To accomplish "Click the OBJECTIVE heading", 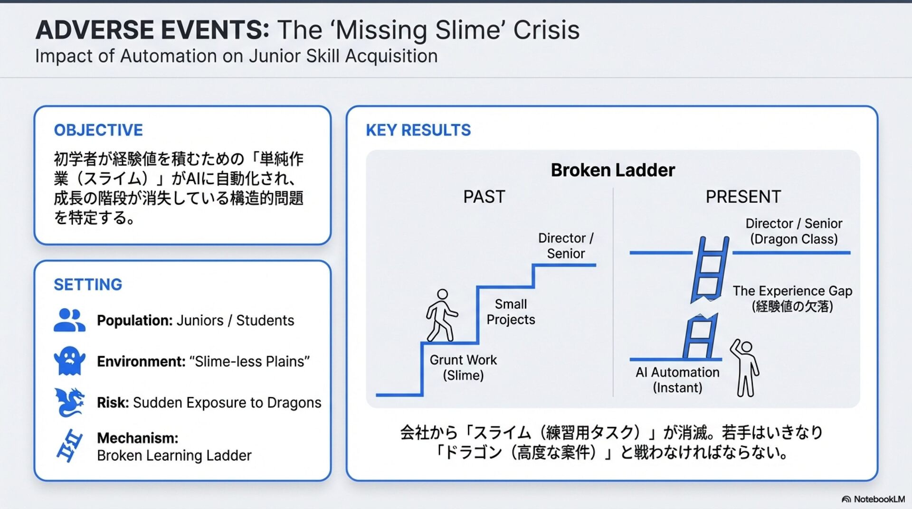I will tap(98, 130).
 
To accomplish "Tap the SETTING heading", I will tap(88, 284).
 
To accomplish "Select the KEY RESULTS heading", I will tap(418, 130).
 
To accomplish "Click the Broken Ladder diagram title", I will tap(612, 170).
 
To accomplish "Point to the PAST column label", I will tap(484, 197).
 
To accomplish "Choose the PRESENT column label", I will tap(743, 197).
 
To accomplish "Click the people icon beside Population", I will tap(69, 320).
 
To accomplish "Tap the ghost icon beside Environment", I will tap(70, 361).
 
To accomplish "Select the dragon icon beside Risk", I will tap(69, 402).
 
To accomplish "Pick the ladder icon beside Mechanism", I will tap(69, 445).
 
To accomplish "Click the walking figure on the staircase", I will tap(441, 315).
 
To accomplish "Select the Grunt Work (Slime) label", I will tap(463, 368).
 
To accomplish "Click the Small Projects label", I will tap(511, 311).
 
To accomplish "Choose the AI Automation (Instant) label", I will tap(677, 380).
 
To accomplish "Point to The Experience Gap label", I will tap(792, 298).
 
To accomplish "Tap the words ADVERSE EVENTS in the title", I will tap(152, 30).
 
